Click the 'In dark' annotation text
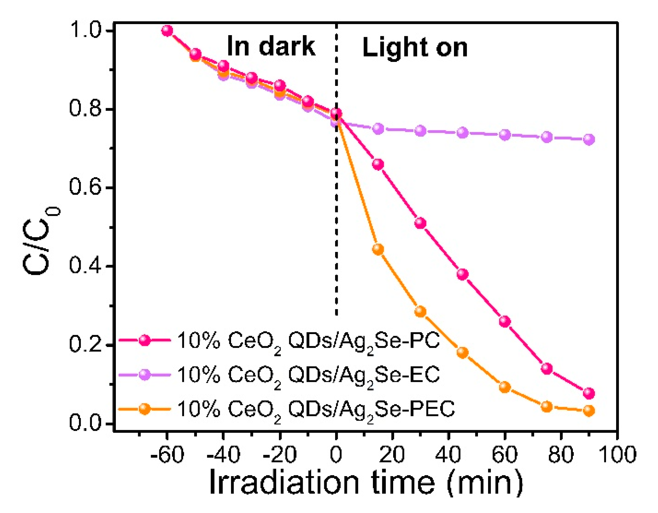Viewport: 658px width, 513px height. coord(271,46)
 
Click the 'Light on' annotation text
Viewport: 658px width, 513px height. coord(415,47)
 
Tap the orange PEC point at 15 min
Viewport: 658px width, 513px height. coord(378,250)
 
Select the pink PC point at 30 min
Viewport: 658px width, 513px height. coord(420,223)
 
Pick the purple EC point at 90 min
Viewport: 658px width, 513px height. coord(589,139)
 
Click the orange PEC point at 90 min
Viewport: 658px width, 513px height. coord(589,411)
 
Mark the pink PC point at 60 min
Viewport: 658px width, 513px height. coord(505,321)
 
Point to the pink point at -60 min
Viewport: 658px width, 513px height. coord(167,31)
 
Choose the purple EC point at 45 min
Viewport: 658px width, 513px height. coord(462,133)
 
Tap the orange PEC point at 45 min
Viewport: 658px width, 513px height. coord(462,353)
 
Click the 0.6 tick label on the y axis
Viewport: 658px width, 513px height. coord(85,187)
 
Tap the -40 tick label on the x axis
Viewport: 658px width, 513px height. coord(223,455)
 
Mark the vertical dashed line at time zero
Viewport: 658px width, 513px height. coord(336,203)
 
